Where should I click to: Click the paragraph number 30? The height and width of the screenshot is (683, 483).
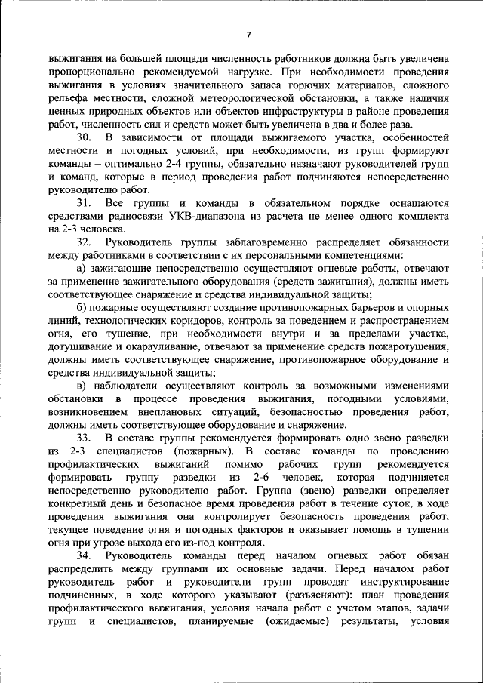pos(85,137)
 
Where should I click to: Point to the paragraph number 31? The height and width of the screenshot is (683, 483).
pos(85,203)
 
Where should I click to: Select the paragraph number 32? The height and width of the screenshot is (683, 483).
pos(85,243)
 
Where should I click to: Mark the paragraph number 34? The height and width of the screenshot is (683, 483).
pos(85,556)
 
